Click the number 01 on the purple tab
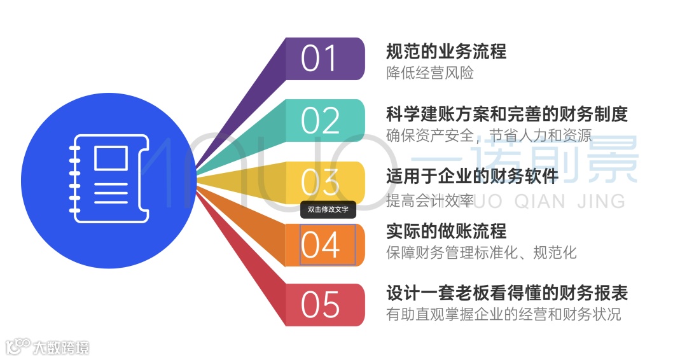320,59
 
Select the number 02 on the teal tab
320,121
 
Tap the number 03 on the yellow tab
320,183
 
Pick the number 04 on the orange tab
321,246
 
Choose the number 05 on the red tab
320,305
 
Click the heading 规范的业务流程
446,51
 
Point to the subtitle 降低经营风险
430,73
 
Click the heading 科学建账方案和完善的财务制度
507,114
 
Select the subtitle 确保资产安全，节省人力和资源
489,135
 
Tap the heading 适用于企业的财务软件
472,176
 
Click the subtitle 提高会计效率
430,200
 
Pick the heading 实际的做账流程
446,230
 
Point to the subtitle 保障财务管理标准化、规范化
481,253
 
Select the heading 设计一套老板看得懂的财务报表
507,293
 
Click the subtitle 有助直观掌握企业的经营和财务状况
503,314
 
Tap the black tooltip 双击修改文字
328,209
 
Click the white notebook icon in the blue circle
108,177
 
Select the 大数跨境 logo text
61,347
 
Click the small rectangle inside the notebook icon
111,158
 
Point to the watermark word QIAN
538,201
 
